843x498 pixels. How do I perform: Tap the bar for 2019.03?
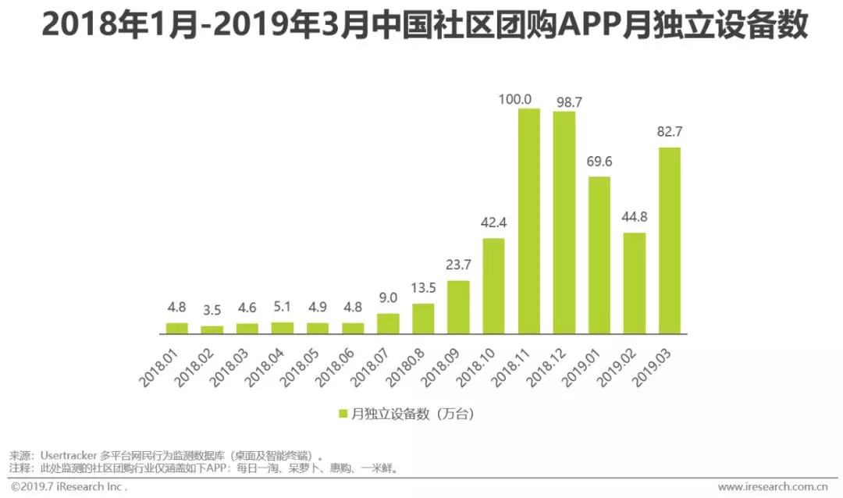click(x=669, y=240)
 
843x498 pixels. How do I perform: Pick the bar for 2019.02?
click(x=634, y=283)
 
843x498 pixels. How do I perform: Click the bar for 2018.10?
click(x=493, y=286)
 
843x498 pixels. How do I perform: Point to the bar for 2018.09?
click(x=458, y=307)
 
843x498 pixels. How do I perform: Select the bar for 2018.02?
click(x=212, y=329)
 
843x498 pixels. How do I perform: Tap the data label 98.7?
click(x=564, y=102)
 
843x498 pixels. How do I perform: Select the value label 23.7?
click(x=458, y=265)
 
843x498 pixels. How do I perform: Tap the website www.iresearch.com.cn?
click(x=773, y=486)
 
